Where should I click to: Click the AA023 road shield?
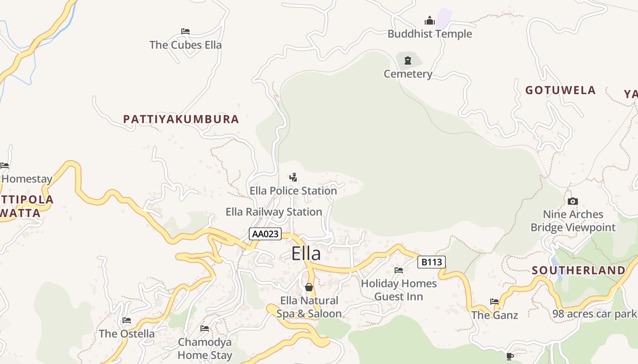pyautogui.click(x=265, y=234)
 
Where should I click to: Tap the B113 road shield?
pyautogui.click(x=431, y=262)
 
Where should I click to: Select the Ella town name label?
pyautogui.click(x=306, y=253)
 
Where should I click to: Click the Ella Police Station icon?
pyautogui.click(x=293, y=177)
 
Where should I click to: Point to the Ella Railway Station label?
pyautogui.click(x=274, y=212)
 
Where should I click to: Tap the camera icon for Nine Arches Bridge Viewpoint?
pyautogui.click(x=573, y=201)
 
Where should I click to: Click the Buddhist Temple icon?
pyautogui.click(x=429, y=20)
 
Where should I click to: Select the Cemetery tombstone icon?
pyautogui.click(x=408, y=61)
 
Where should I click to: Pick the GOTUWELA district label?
pyautogui.click(x=561, y=90)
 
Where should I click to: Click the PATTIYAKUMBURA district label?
pyautogui.click(x=181, y=119)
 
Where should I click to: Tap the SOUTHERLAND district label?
pyautogui.click(x=579, y=270)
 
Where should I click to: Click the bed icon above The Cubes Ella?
pyautogui.click(x=185, y=31)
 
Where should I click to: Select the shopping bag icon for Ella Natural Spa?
pyautogui.click(x=309, y=287)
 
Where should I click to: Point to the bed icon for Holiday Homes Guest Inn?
pyautogui.click(x=399, y=270)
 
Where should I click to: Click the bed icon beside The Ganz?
pyautogui.click(x=494, y=301)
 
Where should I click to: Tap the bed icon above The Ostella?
pyautogui.click(x=127, y=320)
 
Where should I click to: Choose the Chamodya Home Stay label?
pyautogui.click(x=205, y=348)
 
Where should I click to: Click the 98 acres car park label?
pyautogui.click(x=594, y=313)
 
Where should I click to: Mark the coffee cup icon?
pyautogui.click(x=510, y=356)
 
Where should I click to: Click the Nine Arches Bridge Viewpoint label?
pyautogui.click(x=573, y=221)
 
